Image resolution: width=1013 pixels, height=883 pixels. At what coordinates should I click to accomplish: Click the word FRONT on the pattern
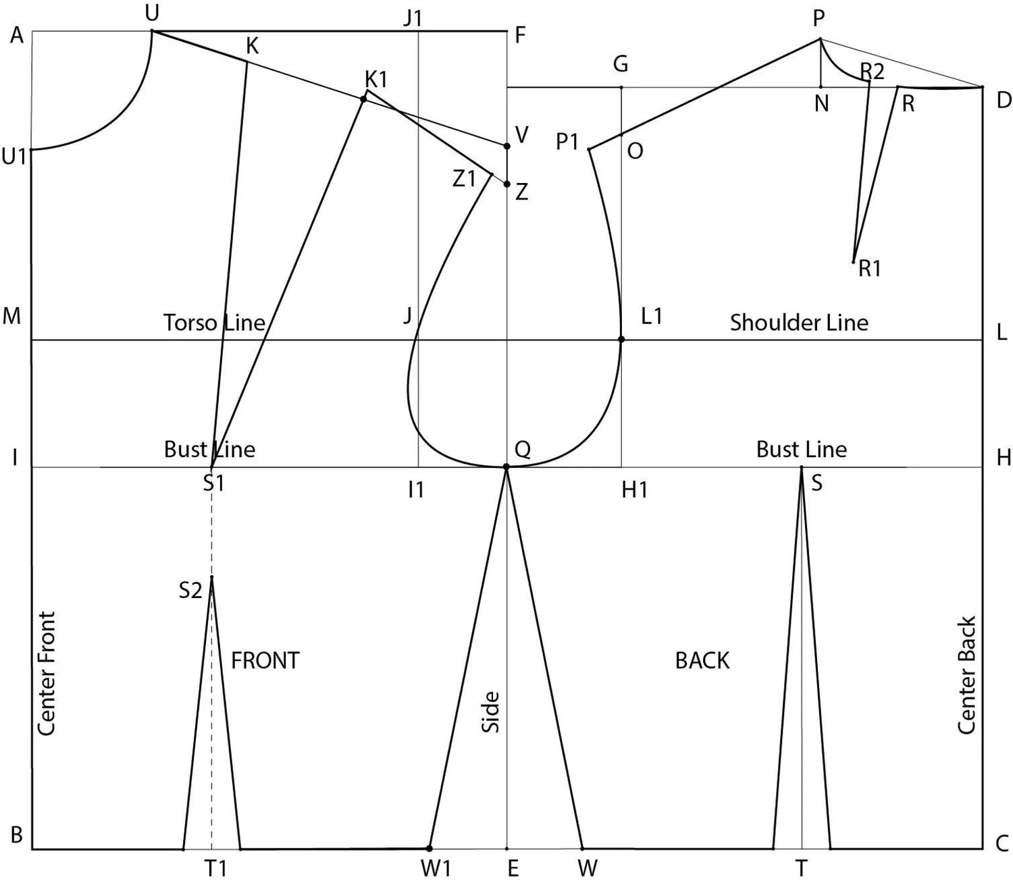(265, 661)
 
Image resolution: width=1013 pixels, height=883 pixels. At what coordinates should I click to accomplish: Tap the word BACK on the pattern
(702, 661)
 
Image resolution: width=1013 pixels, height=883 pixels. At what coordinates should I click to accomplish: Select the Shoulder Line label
(799, 323)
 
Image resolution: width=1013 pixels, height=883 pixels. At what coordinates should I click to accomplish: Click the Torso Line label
(214, 323)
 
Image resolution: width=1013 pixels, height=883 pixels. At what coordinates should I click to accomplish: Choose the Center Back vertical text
(966, 675)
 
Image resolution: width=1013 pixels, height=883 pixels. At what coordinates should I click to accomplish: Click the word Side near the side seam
(491, 712)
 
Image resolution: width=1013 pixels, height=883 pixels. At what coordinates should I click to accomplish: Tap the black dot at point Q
(506, 466)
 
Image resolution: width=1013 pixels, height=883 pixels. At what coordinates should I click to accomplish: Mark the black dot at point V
(506, 146)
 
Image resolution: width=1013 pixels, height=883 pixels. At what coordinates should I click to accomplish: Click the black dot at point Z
(506, 184)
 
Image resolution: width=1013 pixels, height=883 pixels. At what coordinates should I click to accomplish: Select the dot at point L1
(621, 340)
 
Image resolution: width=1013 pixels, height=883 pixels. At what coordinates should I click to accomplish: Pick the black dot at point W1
(430, 849)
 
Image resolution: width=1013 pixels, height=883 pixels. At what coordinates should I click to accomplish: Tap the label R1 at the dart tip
(870, 269)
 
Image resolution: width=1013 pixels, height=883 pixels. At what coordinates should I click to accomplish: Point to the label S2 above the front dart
(190, 590)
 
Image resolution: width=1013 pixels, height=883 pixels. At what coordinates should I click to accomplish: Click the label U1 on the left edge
(14, 157)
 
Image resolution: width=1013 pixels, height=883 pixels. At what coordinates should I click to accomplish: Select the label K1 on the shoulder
(377, 79)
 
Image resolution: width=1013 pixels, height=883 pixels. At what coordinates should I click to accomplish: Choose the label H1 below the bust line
(635, 491)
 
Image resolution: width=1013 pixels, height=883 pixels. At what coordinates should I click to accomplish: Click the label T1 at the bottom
(216, 868)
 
